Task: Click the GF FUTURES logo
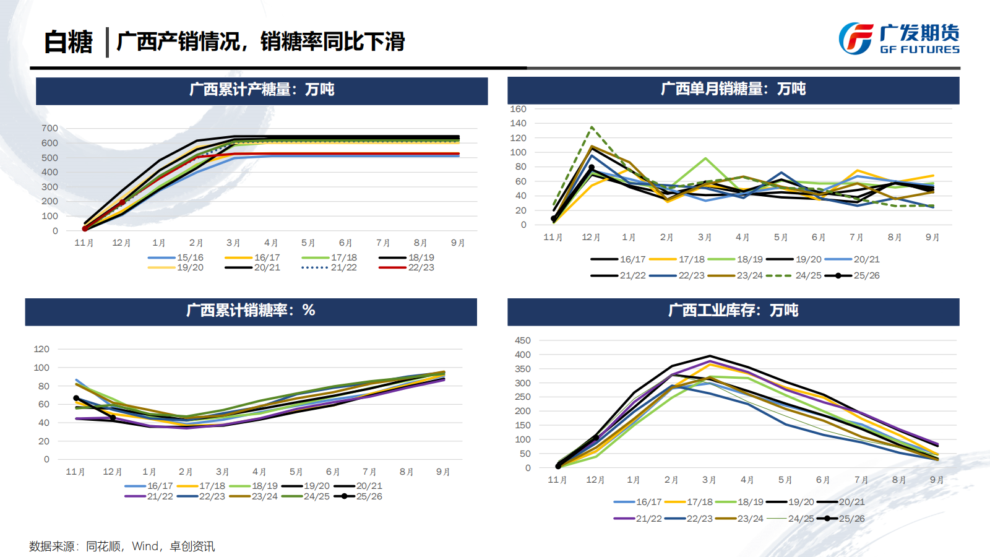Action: (898, 38)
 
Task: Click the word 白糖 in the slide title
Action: (68, 42)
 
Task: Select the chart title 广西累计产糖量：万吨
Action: (261, 90)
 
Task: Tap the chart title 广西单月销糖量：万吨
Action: (733, 89)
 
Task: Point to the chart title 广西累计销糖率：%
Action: (251, 311)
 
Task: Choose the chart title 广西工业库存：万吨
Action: (733, 311)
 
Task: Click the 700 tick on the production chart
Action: (50, 128)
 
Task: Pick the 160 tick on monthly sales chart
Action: (518, 109)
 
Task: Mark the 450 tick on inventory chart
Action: (522, 340)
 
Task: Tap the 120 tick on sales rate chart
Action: (41, 349)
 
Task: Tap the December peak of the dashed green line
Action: (592, 127)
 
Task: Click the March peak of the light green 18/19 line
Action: (705, 158)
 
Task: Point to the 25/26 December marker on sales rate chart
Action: (113, 418)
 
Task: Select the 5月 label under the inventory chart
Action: (785, 480)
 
